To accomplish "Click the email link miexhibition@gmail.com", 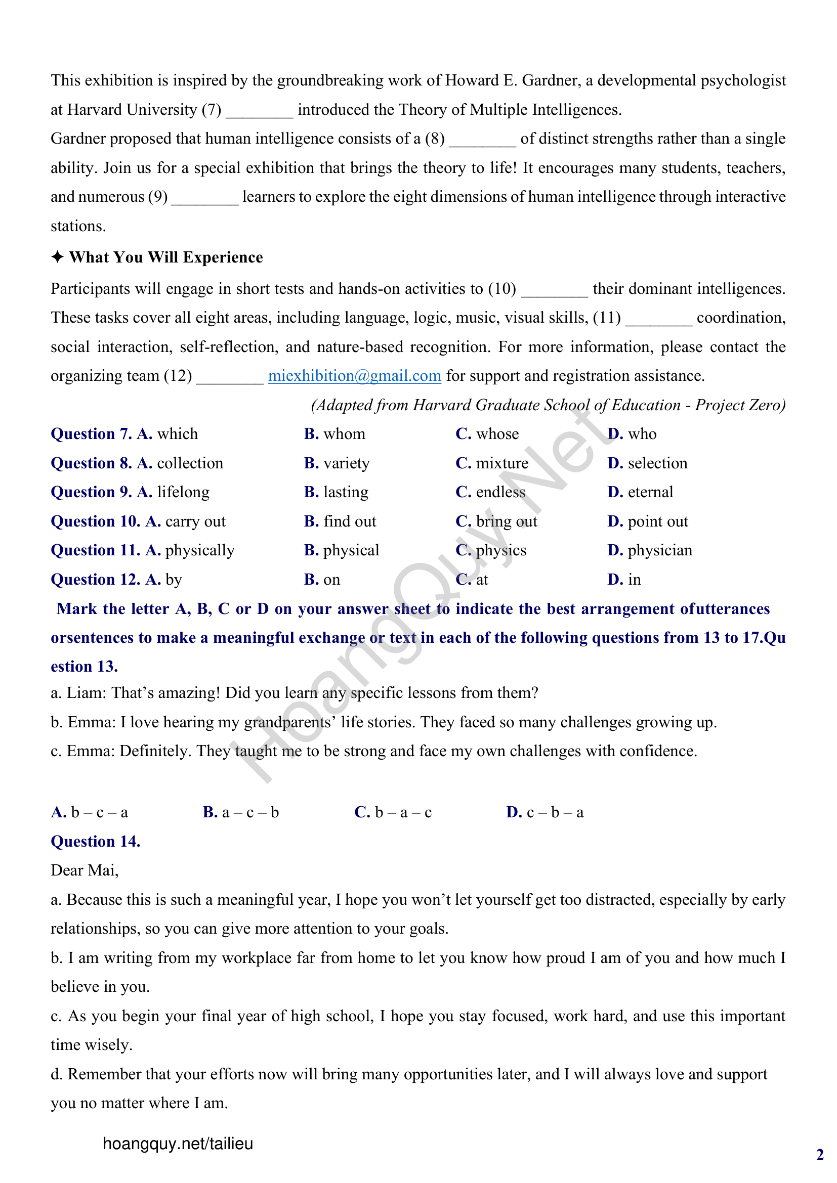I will pos(354,376).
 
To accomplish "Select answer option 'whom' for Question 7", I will pos(344,434).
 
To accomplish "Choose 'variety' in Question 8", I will pos(346,464).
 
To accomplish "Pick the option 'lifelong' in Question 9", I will pos(183,493).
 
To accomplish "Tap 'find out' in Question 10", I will pos(350,522).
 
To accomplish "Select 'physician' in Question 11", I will pos(659,551).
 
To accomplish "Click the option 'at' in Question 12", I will pos(481,580).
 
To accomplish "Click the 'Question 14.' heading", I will pos(95,842).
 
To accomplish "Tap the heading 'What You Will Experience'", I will pos(166,257).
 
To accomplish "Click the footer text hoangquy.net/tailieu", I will pos(178,1144).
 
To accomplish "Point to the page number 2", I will pos(819,1155).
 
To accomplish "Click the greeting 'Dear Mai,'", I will pos(85,871).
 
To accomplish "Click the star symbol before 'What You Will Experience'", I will pos(57,257).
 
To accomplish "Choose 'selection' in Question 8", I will pos(657,464).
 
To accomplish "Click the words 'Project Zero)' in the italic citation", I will pos(740,406).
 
